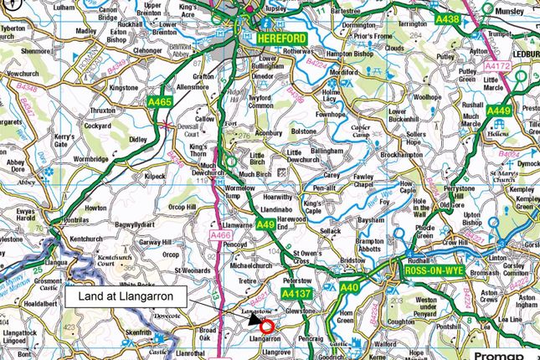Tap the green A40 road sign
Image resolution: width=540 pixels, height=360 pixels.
350,289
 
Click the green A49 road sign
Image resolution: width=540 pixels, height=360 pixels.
265,224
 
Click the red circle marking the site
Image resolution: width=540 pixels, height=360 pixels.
267,327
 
